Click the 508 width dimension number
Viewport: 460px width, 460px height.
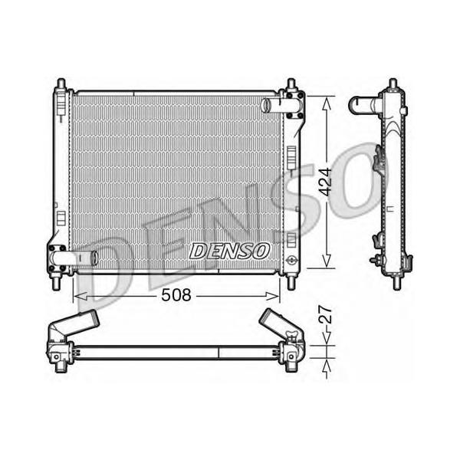tap(176, 295)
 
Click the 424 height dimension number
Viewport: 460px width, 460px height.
tap(325, 182)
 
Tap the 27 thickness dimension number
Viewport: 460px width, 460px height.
tap(325, 314)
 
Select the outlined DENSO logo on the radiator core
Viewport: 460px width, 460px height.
tap(230, 251)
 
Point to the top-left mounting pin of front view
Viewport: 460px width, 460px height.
tap(61, 84)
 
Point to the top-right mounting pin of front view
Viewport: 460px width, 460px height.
tap(291, 84)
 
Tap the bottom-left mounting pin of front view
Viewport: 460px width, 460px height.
tap(56, 283)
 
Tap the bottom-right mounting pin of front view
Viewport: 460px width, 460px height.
tap(291, 283)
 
